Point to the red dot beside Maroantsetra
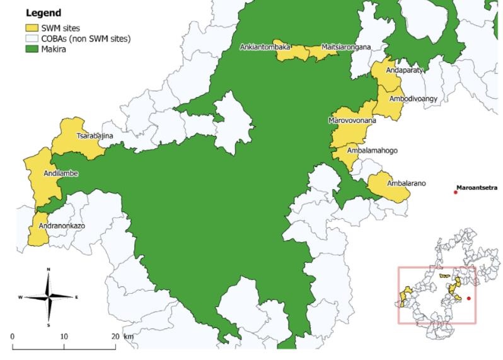point(456,192)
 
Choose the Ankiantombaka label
point(265,47)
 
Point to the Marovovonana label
point(352,120)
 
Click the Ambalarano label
point(407,183)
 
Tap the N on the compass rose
point(49,270)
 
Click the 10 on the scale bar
point(64,337)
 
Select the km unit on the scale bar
point(129,337)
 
